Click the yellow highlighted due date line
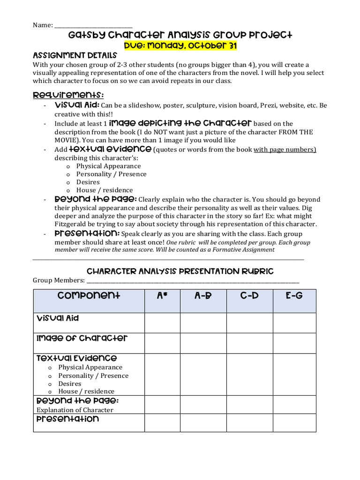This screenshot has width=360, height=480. [180, 45]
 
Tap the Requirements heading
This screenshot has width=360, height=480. [68, 95]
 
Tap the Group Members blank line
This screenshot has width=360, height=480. [192, 280]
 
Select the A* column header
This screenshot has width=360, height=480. [162, 295]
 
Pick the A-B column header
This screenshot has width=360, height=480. [203, 295]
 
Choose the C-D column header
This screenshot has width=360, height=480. [249, 295]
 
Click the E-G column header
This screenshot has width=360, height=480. [294, 295]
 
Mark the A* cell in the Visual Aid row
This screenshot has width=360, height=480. [162, 322]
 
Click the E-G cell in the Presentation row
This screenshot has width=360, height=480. [294, 423]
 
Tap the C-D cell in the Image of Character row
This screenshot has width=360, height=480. [249, 343]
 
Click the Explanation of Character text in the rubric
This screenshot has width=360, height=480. [75, 410]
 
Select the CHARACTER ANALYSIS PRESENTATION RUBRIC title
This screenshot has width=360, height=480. [180, 271]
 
